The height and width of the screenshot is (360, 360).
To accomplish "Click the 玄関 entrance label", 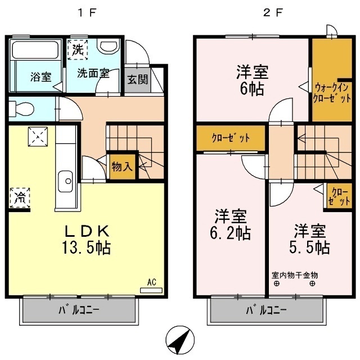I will point(137,79).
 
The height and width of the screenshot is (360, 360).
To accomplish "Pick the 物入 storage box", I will point(123,167).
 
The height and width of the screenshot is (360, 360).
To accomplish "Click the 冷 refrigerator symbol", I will point(19,197).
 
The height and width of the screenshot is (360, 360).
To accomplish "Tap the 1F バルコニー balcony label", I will point(79,310).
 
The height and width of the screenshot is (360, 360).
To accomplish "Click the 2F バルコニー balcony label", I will point(267,310).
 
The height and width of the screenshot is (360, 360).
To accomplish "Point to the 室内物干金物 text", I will point(295,275).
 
